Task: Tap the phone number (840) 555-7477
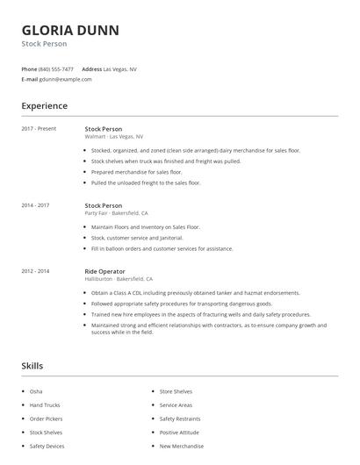point(56,68)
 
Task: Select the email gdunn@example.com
point(65,79)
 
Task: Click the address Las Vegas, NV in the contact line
point(119,68)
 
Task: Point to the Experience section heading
point(44,106)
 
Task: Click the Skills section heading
point(32,365)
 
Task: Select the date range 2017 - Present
point(39,129)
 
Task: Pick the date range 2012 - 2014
point(35,271)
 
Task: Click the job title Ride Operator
point(104,271)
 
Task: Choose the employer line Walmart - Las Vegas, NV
point(113,137)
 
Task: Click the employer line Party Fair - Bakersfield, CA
point(116,213)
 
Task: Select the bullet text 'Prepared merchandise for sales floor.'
point(136,172)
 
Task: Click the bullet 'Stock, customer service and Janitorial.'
point(137,238)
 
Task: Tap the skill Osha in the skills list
point(35,390)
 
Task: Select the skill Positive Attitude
point(179,433)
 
